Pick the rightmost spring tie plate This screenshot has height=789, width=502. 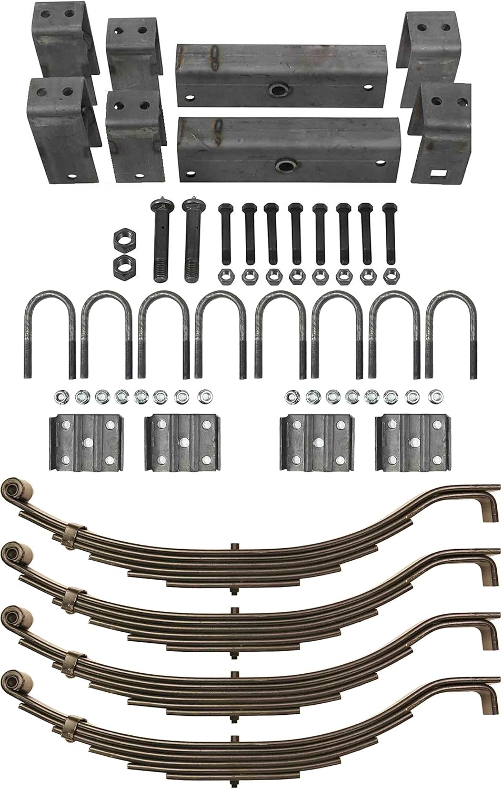point(413,442)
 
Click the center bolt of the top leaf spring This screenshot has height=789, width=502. point(232,550)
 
